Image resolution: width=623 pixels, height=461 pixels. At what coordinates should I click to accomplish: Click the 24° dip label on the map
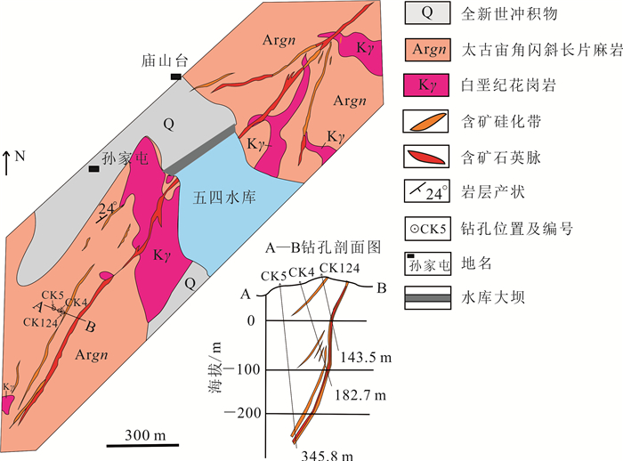pos(109,208)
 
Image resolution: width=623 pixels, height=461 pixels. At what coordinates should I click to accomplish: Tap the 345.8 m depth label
pos(322,453)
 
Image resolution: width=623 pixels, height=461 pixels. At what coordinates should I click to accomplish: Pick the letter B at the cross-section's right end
pos(381,287)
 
